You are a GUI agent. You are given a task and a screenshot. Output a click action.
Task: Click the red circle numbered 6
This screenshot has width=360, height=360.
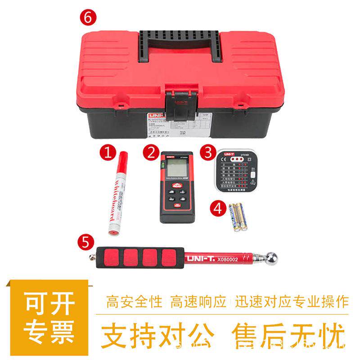tap(88, 18)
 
